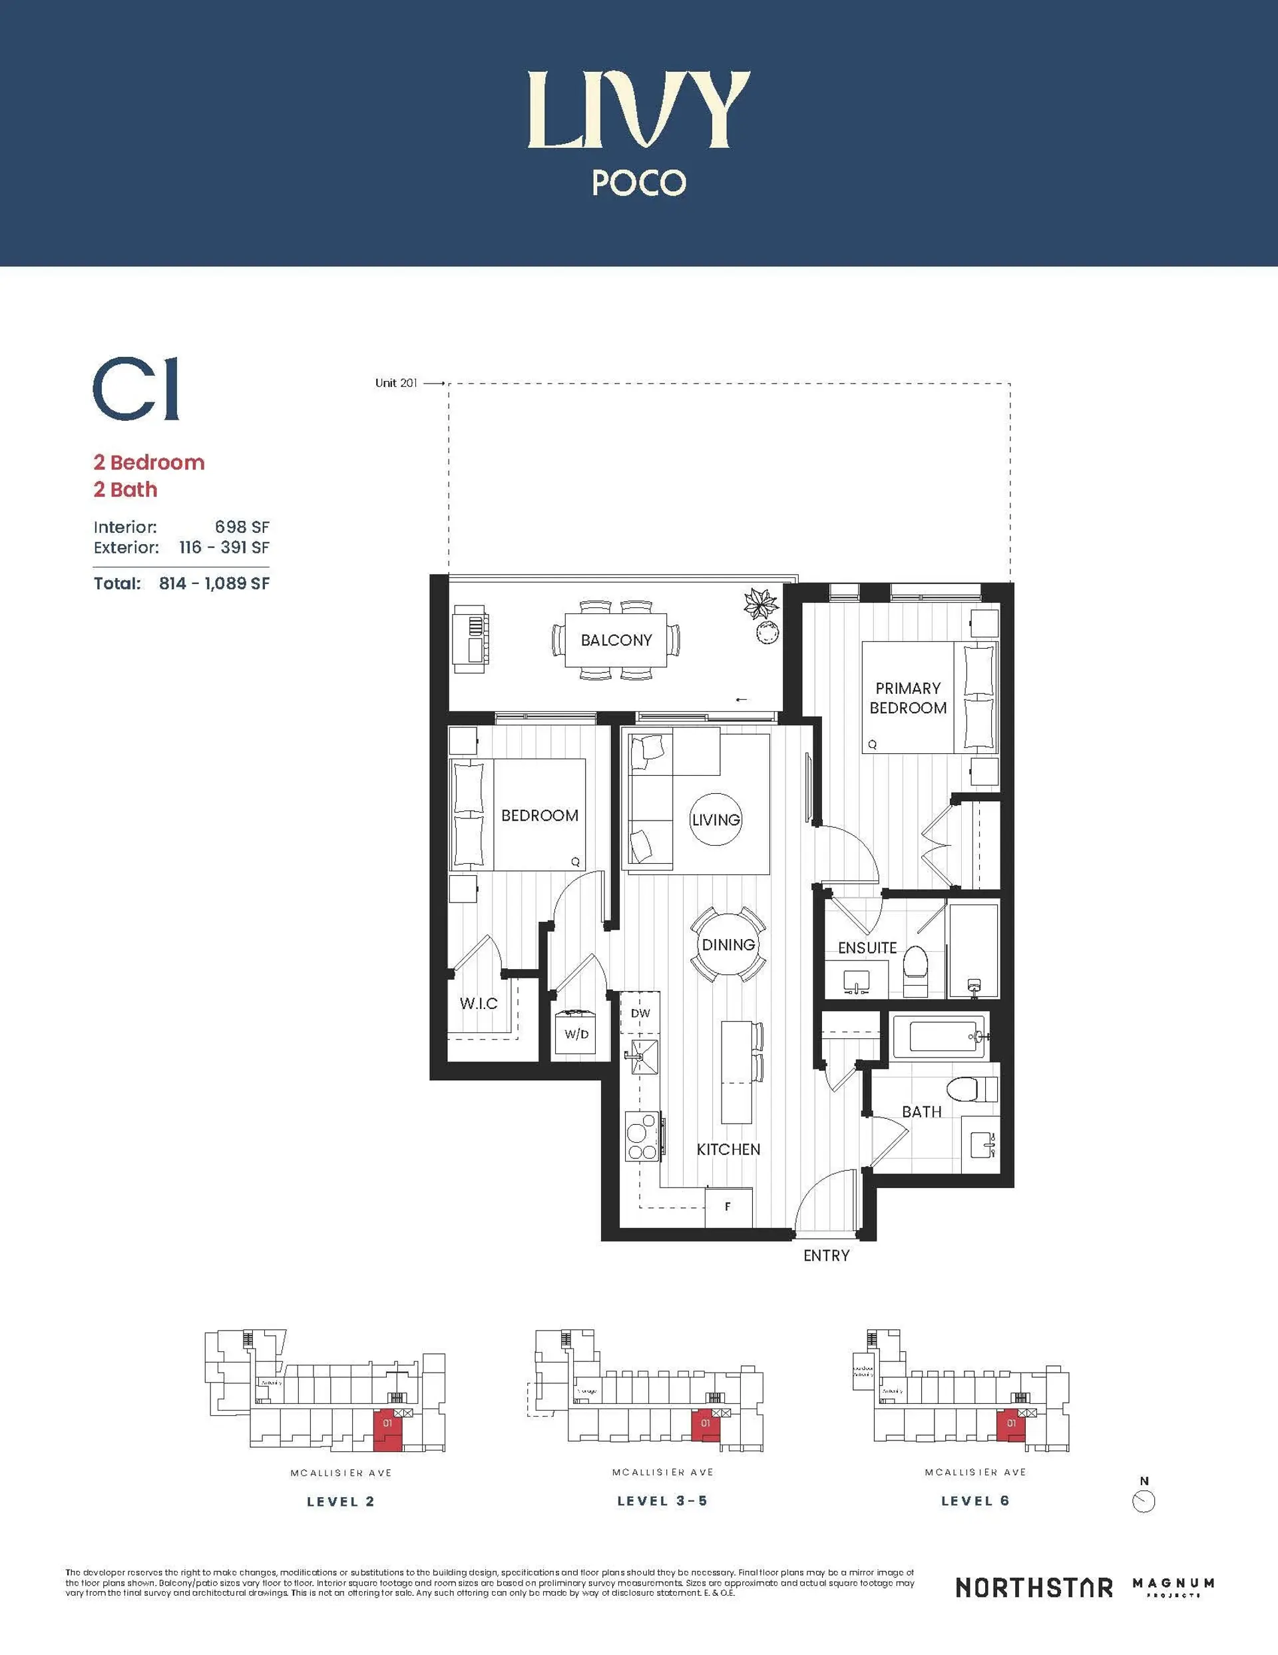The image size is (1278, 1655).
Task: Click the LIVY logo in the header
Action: click(638, 110)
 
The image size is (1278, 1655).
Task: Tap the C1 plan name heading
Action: click(136, 390)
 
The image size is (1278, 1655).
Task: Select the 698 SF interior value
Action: click(242, 527)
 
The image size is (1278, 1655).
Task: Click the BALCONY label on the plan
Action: click(616, 640)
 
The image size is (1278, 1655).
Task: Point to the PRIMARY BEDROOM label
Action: click(907, 698)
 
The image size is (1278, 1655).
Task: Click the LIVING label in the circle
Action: click(715, 820)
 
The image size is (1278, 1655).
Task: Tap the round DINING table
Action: click(728, 945)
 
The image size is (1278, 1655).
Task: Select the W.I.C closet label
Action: click(478, 1003)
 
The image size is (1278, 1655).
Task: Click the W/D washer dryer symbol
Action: click(576, 1034)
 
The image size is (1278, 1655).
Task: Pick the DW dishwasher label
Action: click(640, 1013)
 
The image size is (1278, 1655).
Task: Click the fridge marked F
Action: click(728, 1206)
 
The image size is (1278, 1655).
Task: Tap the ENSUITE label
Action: click(867, 948)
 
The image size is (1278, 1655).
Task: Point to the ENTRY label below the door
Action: click(826, 1255)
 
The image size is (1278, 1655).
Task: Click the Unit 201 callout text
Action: click(396, 384)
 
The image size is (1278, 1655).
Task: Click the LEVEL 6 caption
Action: click(975, 1501)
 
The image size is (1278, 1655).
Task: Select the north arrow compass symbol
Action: click(1143, 1501)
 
